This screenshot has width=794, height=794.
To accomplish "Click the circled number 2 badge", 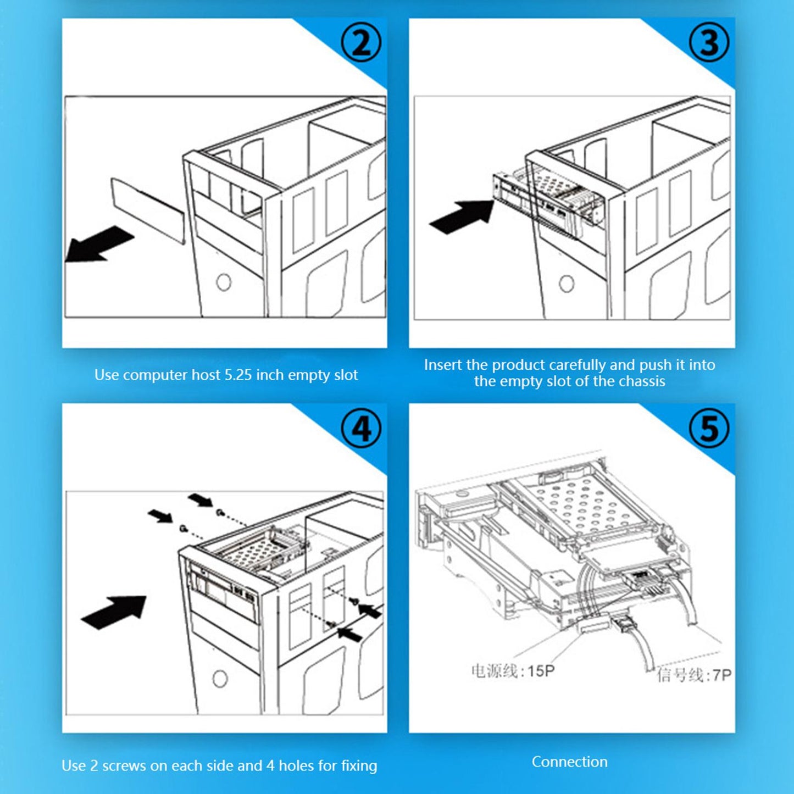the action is pyautogui.click(x=361, y=43).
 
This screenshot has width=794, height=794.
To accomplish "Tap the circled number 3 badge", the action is pyautogui.click(x=709, y=43).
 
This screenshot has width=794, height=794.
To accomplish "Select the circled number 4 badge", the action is pyautogui.click(x=361, y=429).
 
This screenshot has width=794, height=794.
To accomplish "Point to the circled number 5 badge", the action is pyautogui.click(x=709, y=429).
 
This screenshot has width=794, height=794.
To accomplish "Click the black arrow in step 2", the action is pyautogui.click(x=99, y=244).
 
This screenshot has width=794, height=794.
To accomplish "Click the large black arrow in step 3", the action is pyautogui.click(x=462, y=216).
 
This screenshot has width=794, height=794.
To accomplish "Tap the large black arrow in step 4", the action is pyautogui.click(x=114, y=612).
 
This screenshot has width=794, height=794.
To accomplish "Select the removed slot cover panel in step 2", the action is pyautogui.click(x=147, y=210).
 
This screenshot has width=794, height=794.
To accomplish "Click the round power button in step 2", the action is pyautogui.click(x=224, y=282).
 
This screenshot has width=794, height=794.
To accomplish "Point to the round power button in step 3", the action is pyautogui.click(x=567, y=283).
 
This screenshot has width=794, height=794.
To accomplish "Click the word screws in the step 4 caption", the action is pyautogui.click(x=124, y=765).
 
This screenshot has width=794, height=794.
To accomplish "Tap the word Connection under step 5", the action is pyautogui.click(x=569, y=762).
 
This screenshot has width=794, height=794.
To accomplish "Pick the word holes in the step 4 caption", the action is pyautogui.click(x=296, y=765).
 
